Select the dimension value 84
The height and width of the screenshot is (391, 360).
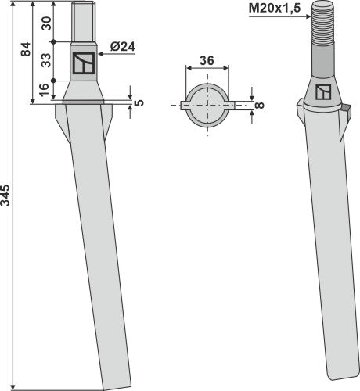26,51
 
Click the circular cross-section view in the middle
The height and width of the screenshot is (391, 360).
207,101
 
